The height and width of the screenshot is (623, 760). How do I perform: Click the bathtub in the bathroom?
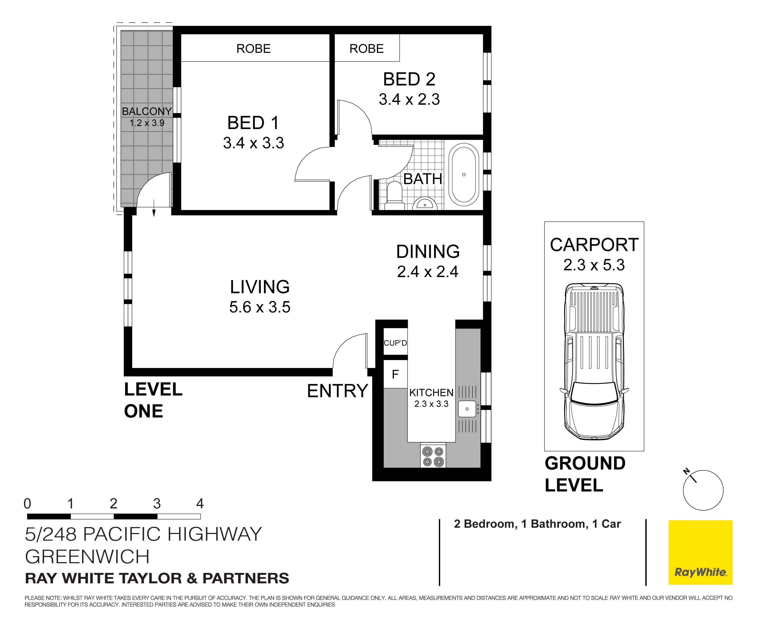tap(464, 175)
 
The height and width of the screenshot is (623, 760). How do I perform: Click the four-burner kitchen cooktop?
tap(433, 456)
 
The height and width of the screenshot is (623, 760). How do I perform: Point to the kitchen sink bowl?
tap(467, 409)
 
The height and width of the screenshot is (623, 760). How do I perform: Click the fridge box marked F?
tap(395, 374)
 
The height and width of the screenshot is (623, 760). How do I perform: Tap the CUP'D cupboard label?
tap(395, 343)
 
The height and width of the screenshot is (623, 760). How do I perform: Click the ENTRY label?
tap(338, 391)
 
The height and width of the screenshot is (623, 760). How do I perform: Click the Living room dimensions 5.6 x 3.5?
tap(260, 307)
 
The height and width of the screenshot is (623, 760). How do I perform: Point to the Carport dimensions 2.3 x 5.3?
tap(594, 265)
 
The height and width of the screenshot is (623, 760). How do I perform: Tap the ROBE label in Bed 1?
tap(254, 48)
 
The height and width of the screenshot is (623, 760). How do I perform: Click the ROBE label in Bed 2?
tap(367, 48)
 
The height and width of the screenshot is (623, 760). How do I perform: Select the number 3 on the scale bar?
tap(157, 504)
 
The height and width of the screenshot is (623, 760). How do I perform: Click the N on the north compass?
tap(686, 471)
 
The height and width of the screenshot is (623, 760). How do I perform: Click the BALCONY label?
tap(147, 111)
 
